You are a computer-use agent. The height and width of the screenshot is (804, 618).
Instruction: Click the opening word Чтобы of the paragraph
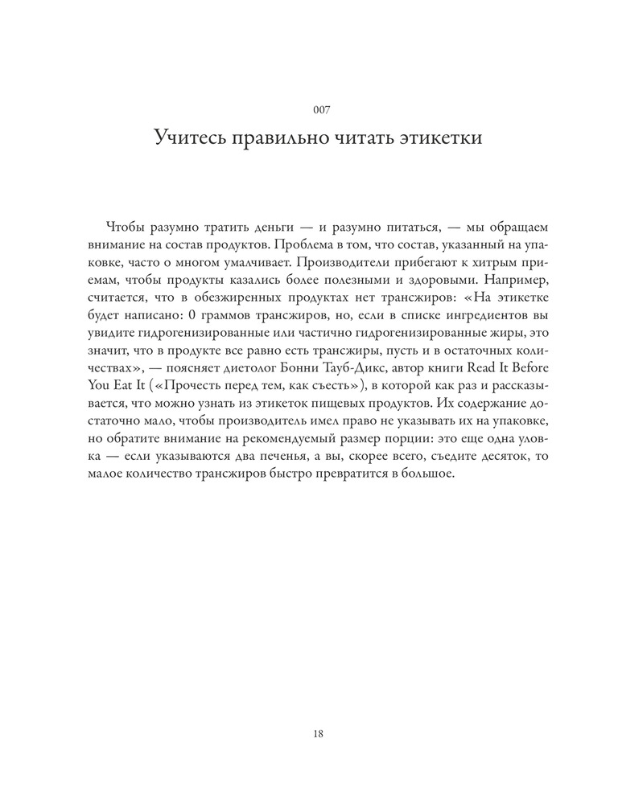pos(122,227)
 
